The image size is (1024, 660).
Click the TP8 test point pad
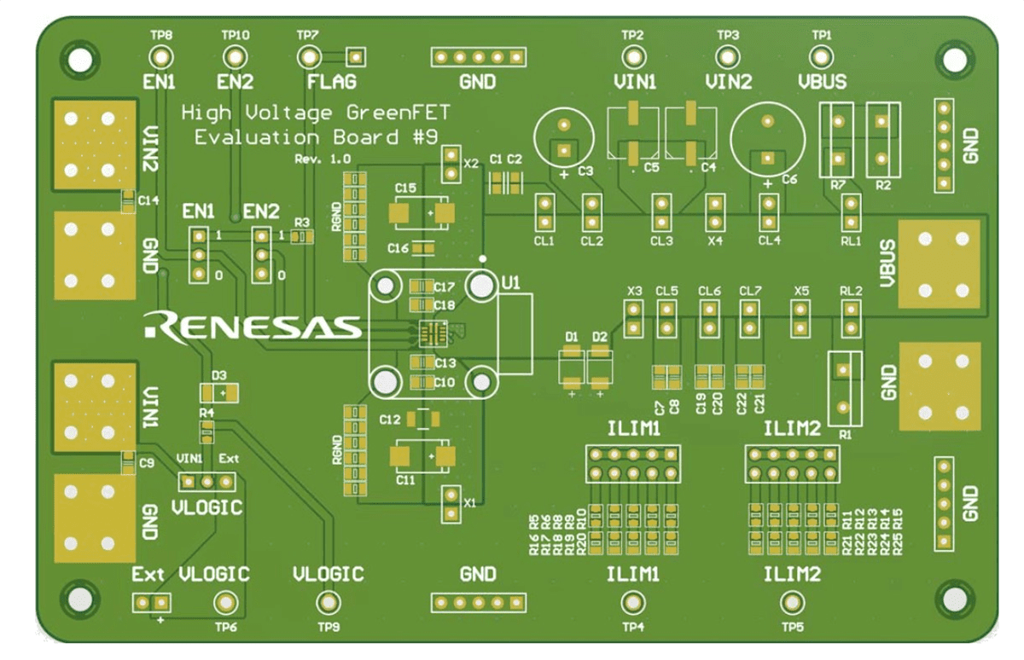(x=160, y=57)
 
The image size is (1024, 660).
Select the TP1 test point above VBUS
(x=820, y=57)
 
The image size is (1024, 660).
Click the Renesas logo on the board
(x=253, y=325)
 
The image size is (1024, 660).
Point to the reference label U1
(x=510, y=282)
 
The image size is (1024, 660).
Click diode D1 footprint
(x=571, y=364)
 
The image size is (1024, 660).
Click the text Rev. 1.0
(x=322, y=159)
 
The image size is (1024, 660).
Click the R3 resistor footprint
(x=301, y=236)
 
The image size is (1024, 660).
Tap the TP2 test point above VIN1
(x=632, y=57)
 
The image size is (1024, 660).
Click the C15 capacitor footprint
(x=420, y=213)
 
